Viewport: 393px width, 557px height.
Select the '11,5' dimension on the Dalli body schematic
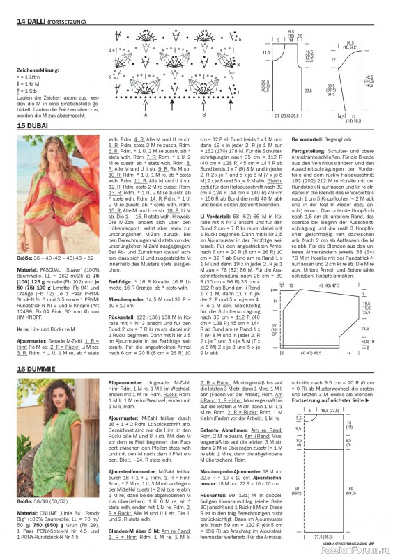pos(265,52)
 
